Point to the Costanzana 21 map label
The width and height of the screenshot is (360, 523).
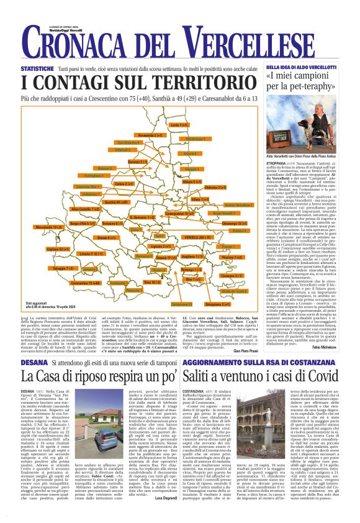pos(181,304)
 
